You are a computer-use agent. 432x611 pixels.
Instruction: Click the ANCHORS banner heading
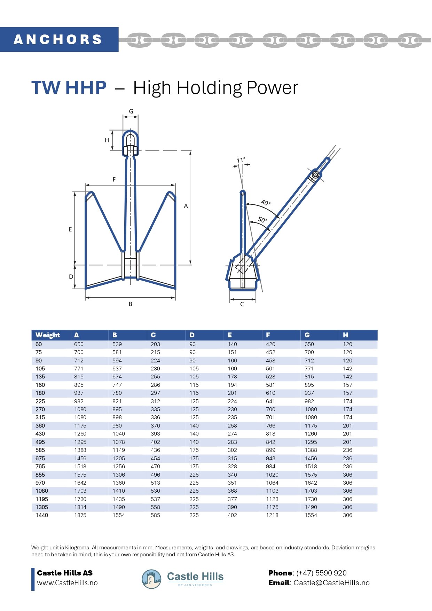point(58,39)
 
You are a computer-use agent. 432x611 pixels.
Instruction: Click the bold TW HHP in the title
point(69,87)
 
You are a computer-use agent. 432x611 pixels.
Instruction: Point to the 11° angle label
point(241,160)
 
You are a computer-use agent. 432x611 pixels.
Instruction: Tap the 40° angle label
point(266,203)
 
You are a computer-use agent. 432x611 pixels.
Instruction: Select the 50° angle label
point(263,220)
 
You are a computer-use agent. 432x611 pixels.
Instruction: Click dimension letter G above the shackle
point(131,111)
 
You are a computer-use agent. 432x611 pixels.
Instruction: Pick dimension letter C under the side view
point(242,304)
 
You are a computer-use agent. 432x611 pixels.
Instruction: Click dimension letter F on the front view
point(114,180)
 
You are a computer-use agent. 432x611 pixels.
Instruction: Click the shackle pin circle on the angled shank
point(315,174)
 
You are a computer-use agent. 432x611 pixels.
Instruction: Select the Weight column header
point(48,335)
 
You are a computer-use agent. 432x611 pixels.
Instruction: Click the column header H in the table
point(345,335)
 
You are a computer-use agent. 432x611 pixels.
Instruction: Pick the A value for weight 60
point(79,344)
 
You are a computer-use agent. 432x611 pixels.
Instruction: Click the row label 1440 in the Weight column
point(42,515)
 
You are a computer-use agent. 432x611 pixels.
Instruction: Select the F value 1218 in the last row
point(272,515)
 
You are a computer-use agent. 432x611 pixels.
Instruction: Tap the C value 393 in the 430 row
point(155,434)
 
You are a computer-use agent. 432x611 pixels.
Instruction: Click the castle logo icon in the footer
point(151,579)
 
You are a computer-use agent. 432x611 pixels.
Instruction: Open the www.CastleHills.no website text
point(67,583)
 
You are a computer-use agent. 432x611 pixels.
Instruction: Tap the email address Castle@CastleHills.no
point(331,583)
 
